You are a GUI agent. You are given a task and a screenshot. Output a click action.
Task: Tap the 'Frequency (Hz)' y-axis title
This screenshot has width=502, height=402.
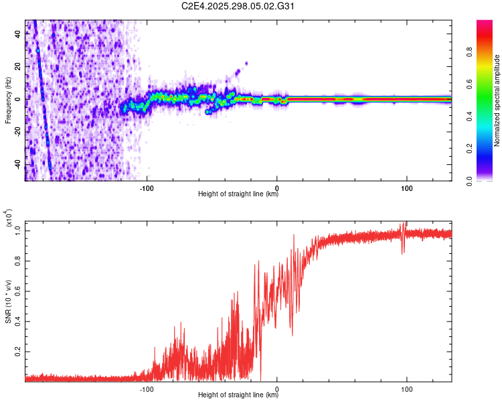7,100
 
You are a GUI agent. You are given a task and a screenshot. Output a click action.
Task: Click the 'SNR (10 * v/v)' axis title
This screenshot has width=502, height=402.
7,301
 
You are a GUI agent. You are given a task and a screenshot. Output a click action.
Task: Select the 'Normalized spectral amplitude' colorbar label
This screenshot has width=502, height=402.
497,100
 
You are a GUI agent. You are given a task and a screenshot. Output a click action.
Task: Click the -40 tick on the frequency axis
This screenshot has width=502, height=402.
17,164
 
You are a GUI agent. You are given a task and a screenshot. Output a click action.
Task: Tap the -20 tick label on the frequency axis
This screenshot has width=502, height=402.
17,132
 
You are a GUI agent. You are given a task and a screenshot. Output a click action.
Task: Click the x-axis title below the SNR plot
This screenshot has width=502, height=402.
238,395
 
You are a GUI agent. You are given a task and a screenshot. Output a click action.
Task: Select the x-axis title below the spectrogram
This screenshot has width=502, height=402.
238,194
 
